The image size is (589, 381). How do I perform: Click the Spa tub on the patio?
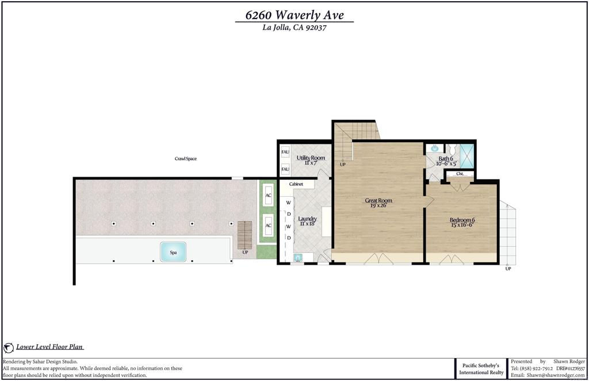tap(173, 252)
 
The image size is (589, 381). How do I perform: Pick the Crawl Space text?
tap(186, 159)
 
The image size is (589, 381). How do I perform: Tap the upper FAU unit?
tap(285, 152)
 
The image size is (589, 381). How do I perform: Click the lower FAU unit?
tap(285, 169)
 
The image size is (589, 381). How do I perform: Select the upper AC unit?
tap(268, 195)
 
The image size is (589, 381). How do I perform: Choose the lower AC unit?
tap(268, 226)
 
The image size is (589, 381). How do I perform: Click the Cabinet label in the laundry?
tap(296, 184)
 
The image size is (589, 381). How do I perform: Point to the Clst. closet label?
tap(460, 174)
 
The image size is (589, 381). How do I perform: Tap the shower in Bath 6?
tap(467, 155)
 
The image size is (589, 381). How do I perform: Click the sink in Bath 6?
tap(435, 148)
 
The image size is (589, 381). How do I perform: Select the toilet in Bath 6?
tap(451, 150)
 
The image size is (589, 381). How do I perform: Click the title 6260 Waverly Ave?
tap(294, 15)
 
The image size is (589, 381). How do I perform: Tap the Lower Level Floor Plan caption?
tap(49, 347)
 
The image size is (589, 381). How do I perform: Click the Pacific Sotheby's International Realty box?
tap(481, 368)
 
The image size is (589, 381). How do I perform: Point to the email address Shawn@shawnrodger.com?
tap(556, 375)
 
